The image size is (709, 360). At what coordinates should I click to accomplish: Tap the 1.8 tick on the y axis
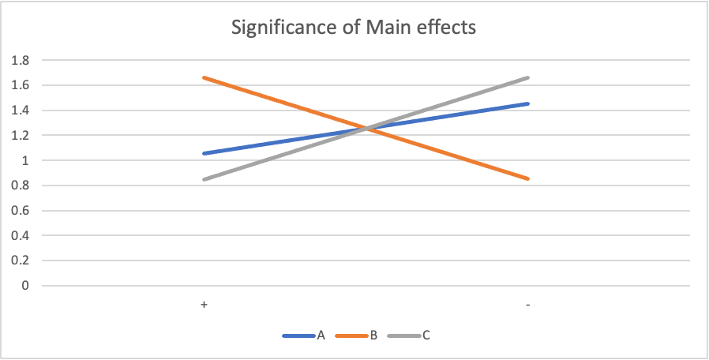coord(20,60)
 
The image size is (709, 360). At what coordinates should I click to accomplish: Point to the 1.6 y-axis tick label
coord(20,85)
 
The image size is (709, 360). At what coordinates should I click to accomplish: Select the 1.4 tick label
coord(20,111)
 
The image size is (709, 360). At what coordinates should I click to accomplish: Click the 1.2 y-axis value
coord(20,135)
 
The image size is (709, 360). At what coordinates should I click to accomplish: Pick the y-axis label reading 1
coord(24,160)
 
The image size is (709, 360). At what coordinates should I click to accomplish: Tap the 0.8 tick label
coord(20,186)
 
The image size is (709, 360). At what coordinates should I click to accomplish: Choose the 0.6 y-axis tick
coord(20,211)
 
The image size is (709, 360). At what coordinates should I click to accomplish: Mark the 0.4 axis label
coord(20,235)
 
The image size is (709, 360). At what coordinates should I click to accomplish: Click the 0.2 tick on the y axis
coord(20,261)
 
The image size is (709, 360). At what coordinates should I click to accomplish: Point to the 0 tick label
coord(24,286)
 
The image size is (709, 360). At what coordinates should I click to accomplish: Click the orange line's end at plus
coord(204,77)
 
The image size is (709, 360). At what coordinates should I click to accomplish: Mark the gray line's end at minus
coord(527,77)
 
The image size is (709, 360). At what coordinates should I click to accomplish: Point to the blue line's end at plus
coord(204,153)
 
